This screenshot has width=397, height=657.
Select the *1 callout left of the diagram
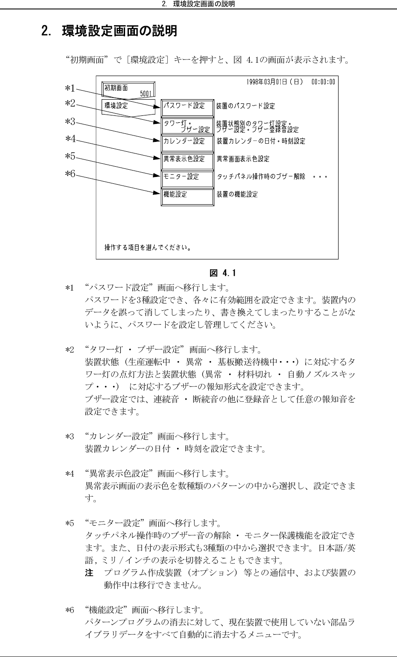coord(70,88)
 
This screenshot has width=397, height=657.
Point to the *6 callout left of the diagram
coord(70,174)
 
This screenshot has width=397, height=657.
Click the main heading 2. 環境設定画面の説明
coord(109,31)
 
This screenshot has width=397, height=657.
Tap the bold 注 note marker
coord(89,573)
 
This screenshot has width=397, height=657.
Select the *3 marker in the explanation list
coord(70,437)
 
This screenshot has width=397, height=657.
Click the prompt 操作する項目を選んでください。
coord(148,247)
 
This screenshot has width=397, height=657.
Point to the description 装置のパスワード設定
coord(245,106)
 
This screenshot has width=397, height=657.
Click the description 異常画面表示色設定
coord(243,159)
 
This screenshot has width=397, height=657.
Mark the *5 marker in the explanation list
coord(70,523)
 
